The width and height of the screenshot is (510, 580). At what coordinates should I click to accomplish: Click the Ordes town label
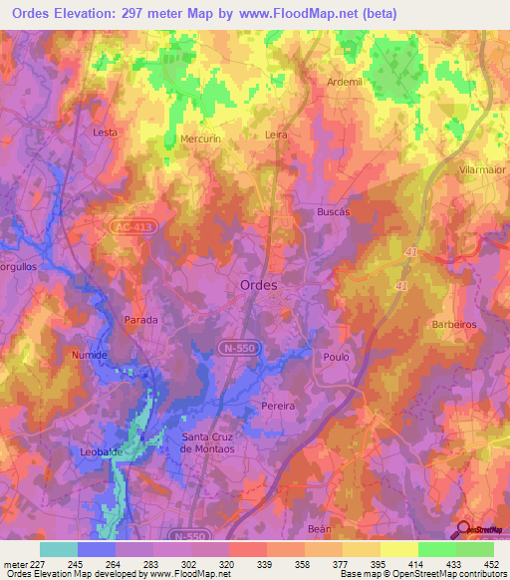pos(259,285)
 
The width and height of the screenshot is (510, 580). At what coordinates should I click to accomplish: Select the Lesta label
pos(105,132)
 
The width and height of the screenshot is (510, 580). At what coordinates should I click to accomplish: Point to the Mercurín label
pos(199,139)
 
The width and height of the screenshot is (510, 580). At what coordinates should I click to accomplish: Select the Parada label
pos(140,320)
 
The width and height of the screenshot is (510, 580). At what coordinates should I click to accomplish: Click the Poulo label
pos(334,355)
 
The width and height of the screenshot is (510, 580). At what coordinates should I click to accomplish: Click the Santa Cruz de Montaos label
pos(213,443)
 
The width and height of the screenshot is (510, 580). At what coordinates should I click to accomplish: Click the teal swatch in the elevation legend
pos(58,549)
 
